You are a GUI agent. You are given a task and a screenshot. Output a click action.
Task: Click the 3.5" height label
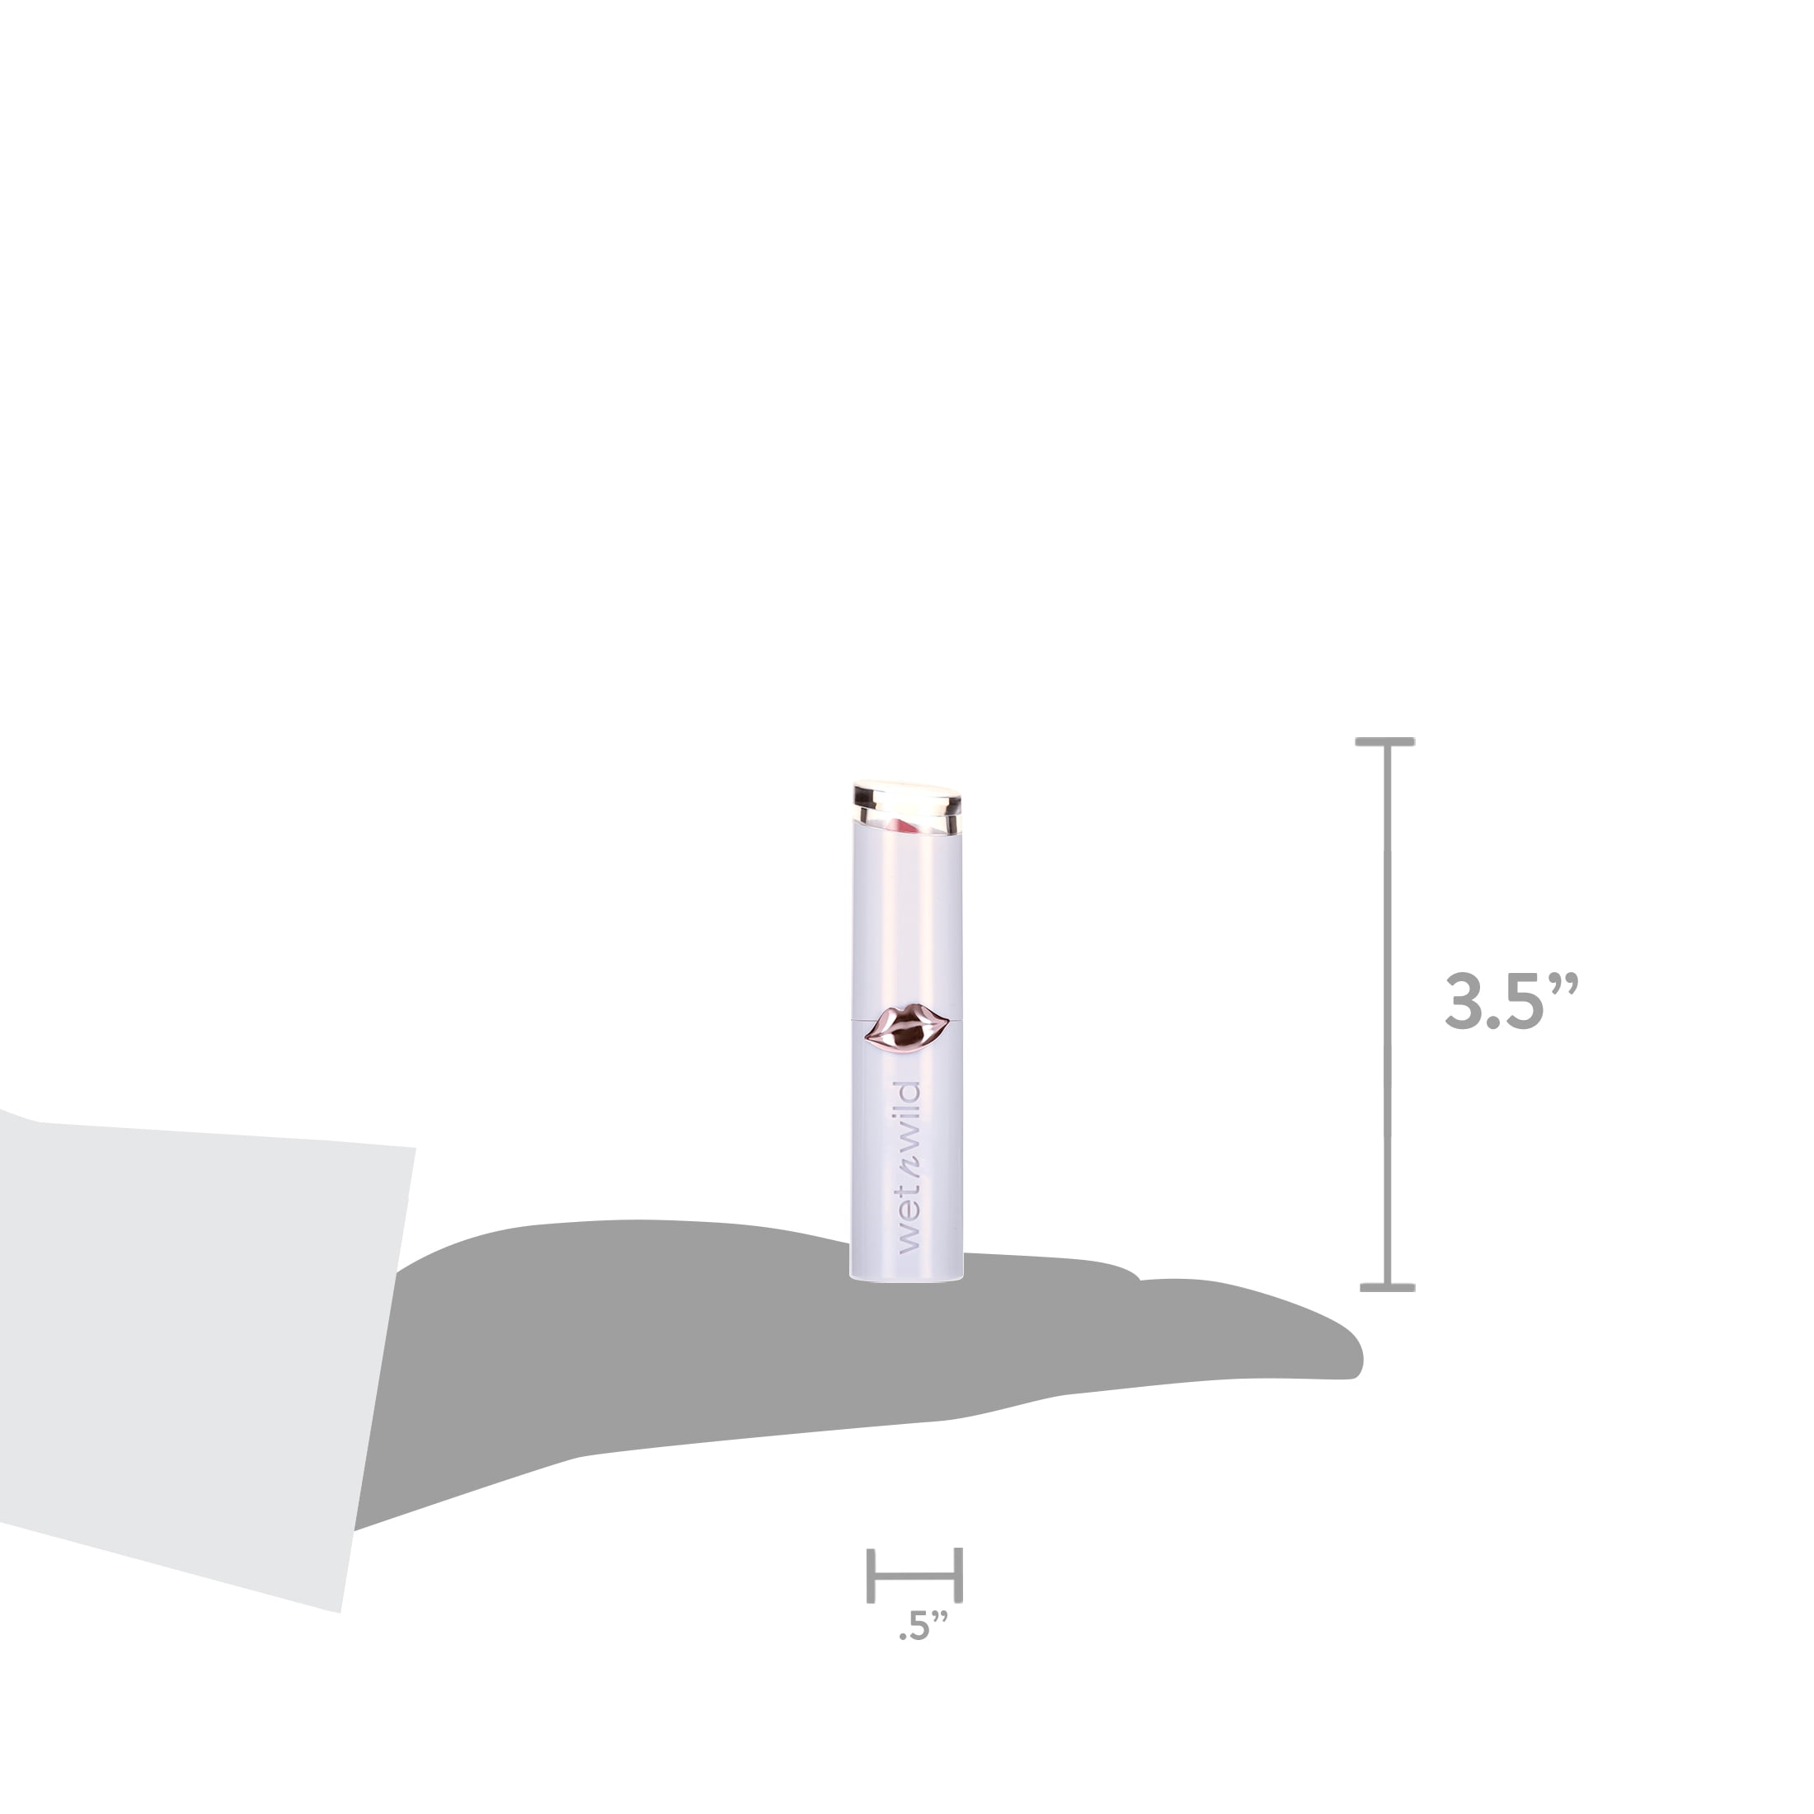point(1511,1001)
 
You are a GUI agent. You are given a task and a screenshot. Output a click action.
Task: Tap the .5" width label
point(923,1626)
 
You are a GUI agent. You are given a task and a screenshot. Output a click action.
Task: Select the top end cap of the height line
point(1385,742)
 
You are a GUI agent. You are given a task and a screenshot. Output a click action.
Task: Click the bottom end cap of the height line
point(1387,1287)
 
